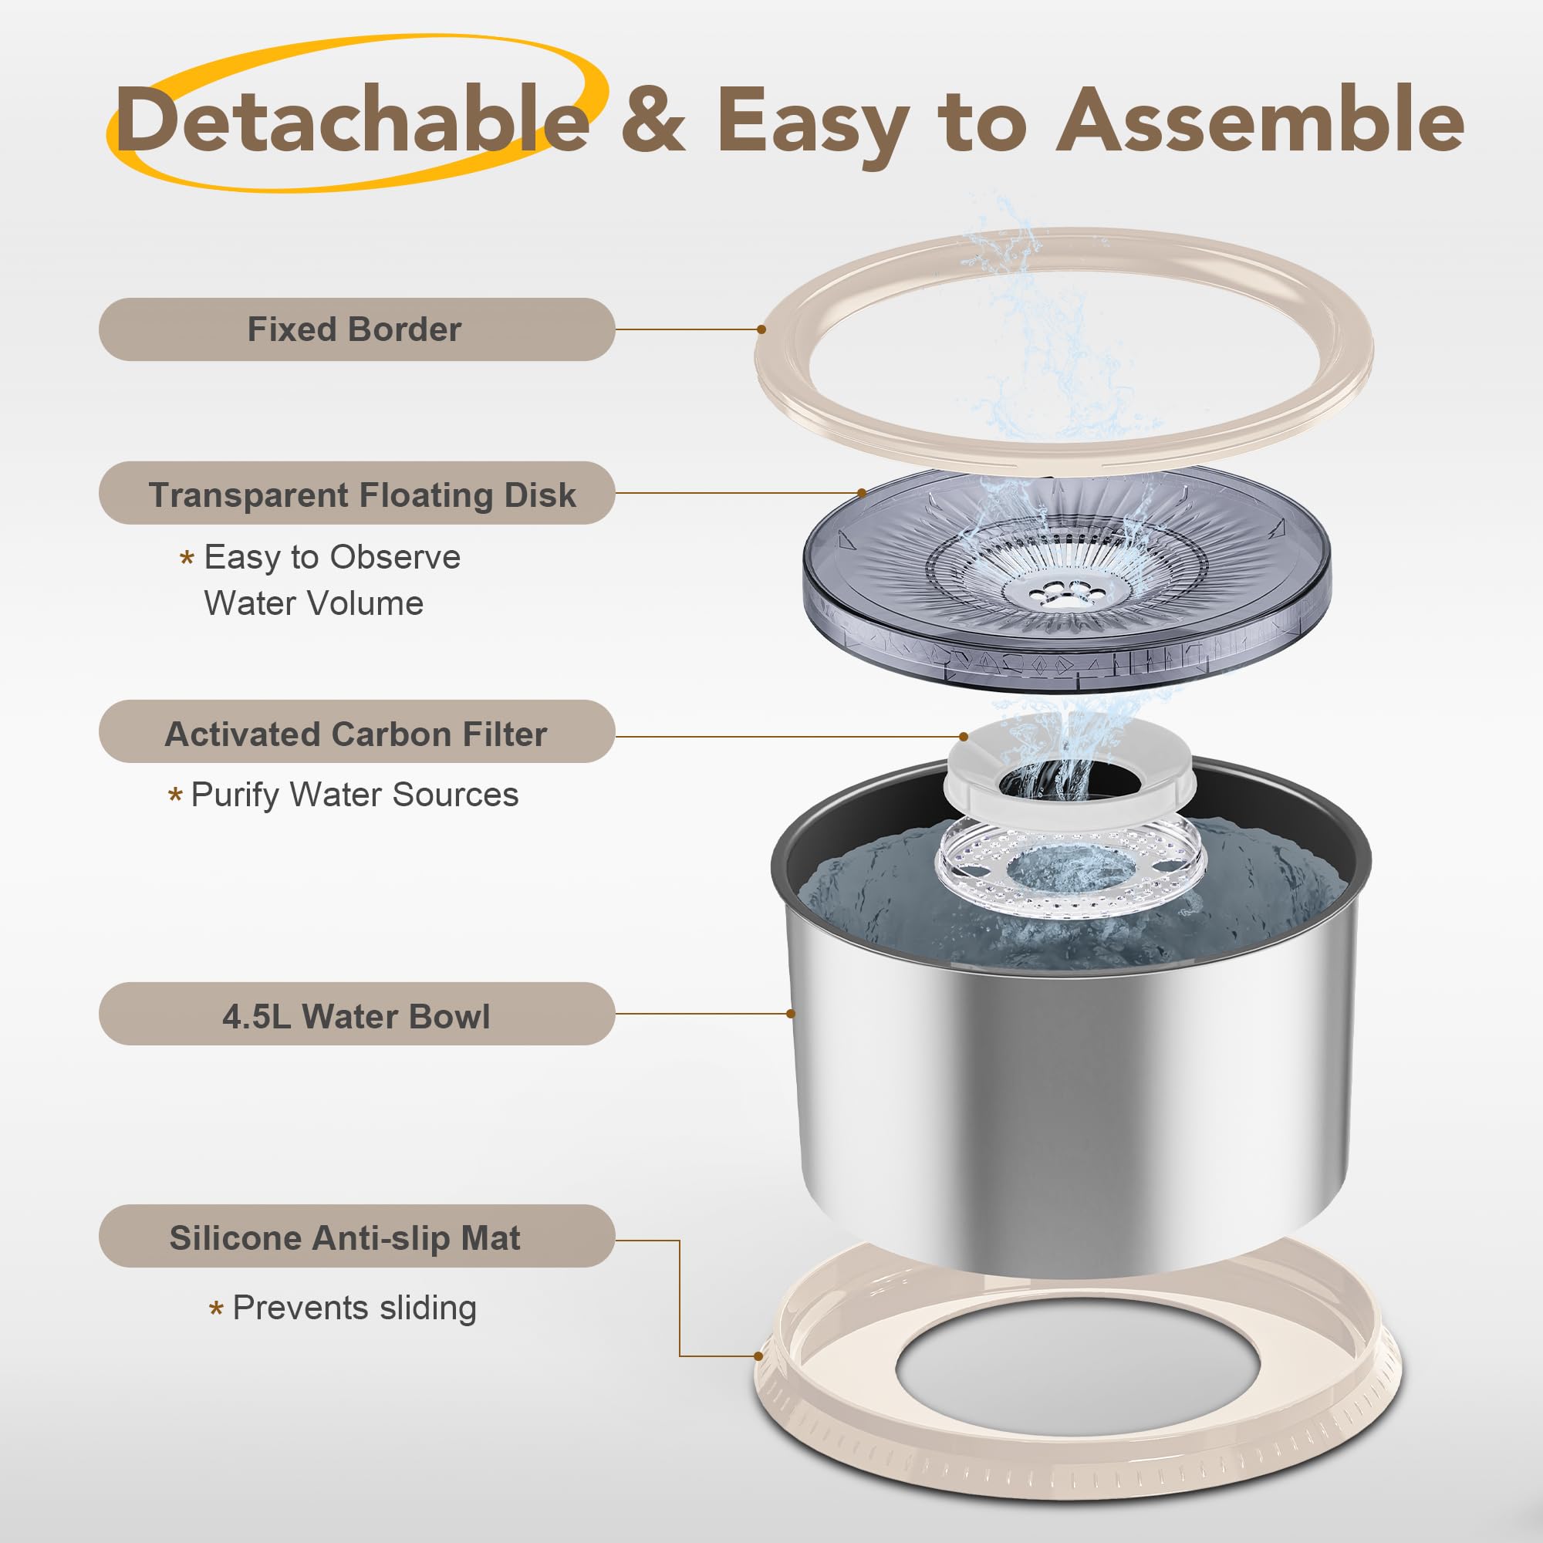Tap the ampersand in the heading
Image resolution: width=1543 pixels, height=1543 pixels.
tap(653, 120)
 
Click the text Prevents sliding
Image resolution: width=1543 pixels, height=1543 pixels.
tap(355, 1308)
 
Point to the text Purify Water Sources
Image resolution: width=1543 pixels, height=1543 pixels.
tap(355, 795)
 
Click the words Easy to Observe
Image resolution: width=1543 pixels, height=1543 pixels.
tap(333, 557)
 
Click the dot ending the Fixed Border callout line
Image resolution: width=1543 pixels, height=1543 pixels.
tap(761, 329)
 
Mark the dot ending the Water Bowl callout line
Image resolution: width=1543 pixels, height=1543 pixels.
tap(791, 1014)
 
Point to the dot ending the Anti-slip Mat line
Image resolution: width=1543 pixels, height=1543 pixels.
tap(758, 1356)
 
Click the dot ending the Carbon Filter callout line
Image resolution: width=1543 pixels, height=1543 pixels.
tap(964, 736)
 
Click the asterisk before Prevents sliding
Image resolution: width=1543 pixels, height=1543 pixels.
tap(216, 1309)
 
